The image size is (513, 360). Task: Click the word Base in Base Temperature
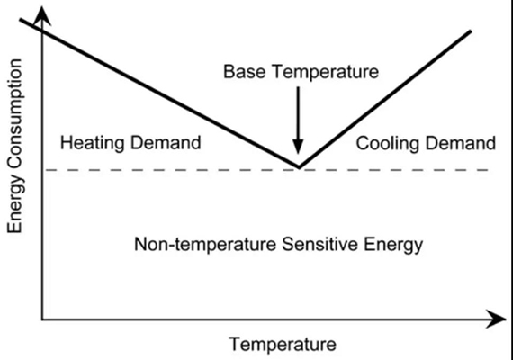(245, 71)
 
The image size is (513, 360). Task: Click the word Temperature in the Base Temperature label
(326, 71)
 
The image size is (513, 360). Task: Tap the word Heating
(93, 143)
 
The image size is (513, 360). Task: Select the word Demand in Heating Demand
(166, 143)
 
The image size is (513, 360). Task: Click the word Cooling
(387, 143)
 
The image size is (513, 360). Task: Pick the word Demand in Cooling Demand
(461, 143)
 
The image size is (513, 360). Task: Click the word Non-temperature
(205, 244)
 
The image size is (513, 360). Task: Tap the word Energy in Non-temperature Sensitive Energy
(393, 245)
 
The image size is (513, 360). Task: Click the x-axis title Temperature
(283, 344)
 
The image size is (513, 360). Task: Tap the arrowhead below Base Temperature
(298, 147)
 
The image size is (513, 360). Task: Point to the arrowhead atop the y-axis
(42, 15)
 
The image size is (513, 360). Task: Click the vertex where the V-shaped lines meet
(299, 166)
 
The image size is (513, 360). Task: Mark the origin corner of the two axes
(42, 319)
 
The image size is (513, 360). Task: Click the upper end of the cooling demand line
(471, 31)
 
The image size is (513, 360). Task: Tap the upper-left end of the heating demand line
(21, 20)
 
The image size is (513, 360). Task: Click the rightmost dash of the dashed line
(484, 170)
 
